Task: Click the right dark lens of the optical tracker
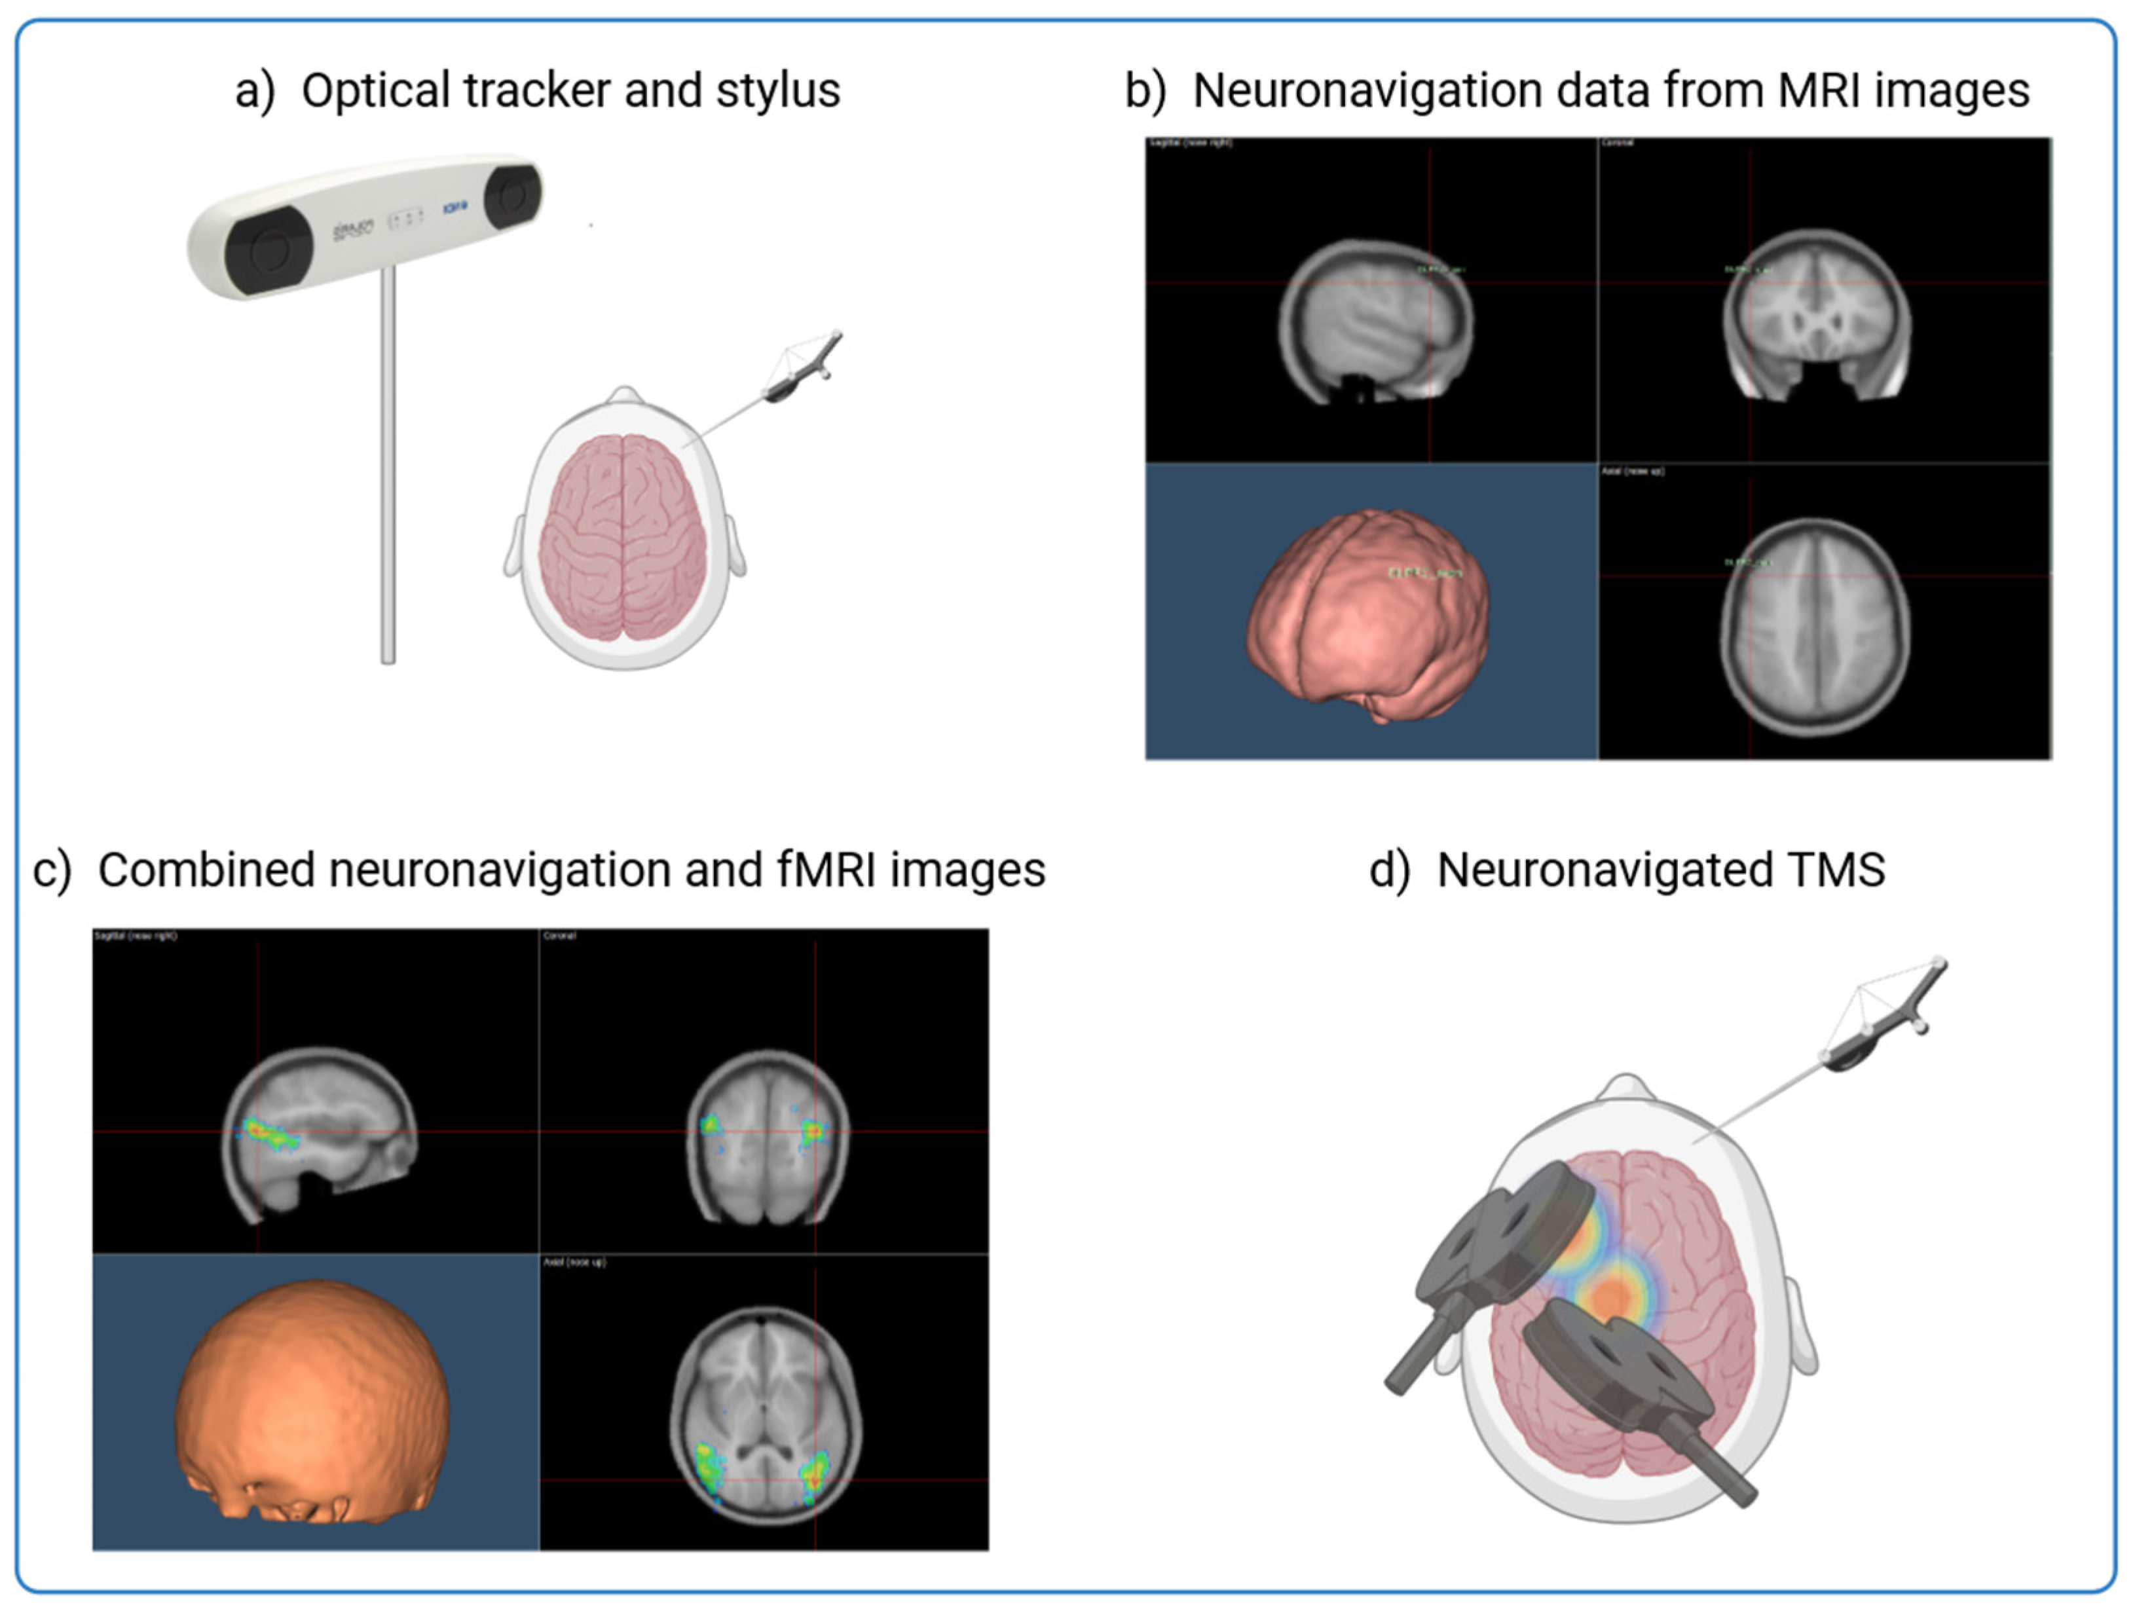pyautogui.click(x=511, y=196)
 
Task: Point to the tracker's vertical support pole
pyautogui.click(x=388, y=463)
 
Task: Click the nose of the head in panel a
pyautogui.click(x=625, y=395)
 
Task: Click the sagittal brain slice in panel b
pyautogui.click(x=1375, y=318)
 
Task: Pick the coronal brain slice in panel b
pyautogui.click(x=1817, y=314)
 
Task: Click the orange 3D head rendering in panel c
pyautogui.click(x=314, y=1399)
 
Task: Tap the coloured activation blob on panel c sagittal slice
pyautogui.click(x=265, y=1134)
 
